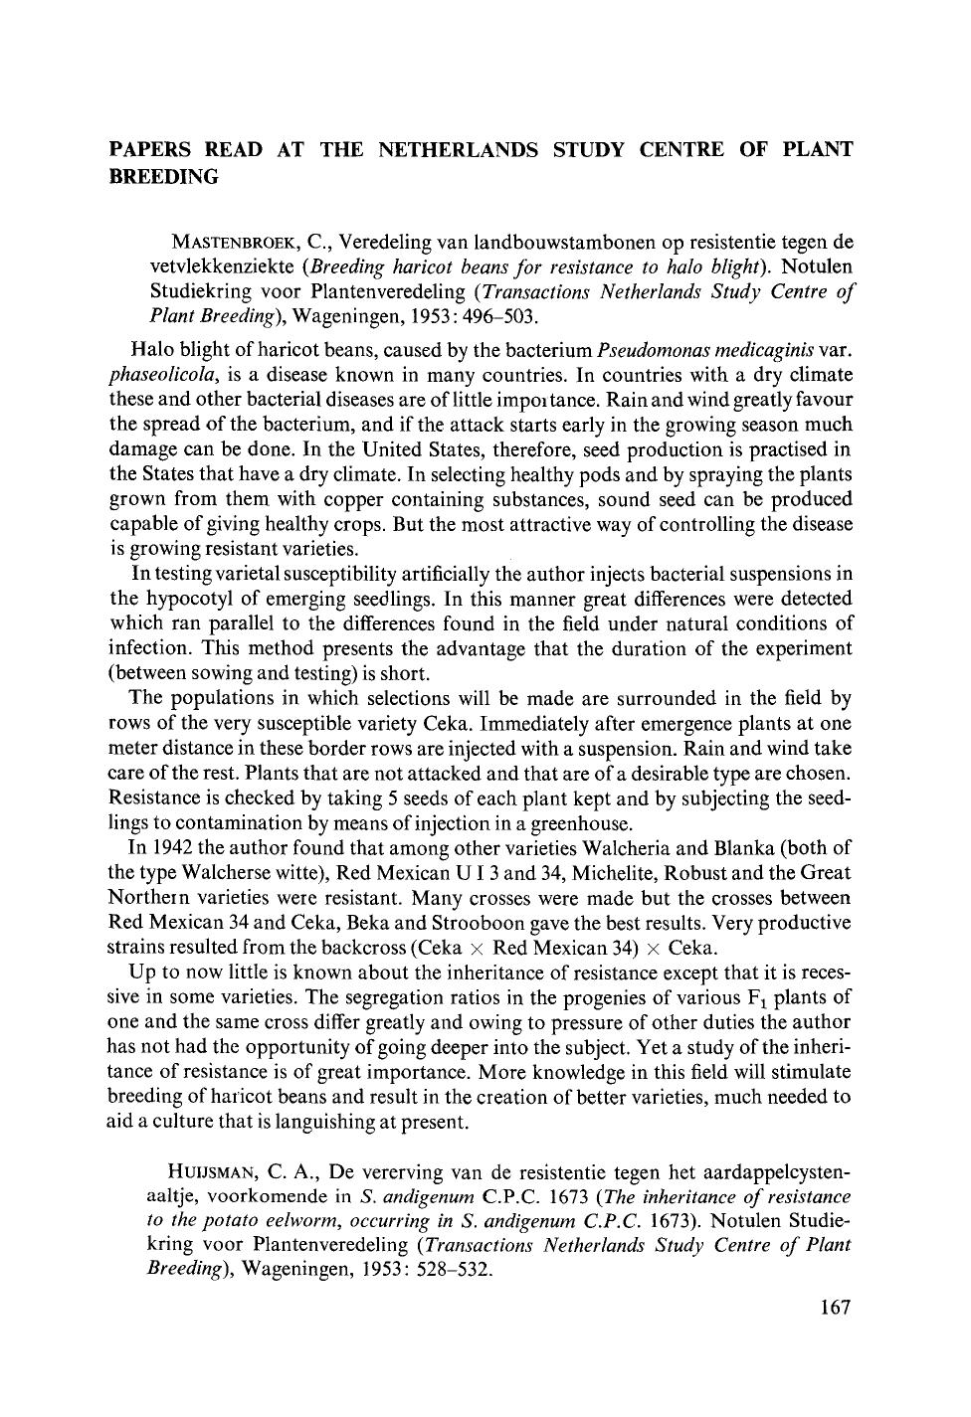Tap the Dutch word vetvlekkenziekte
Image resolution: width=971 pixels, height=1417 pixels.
point(224,266)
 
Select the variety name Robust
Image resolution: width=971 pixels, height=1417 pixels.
point(703,873)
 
